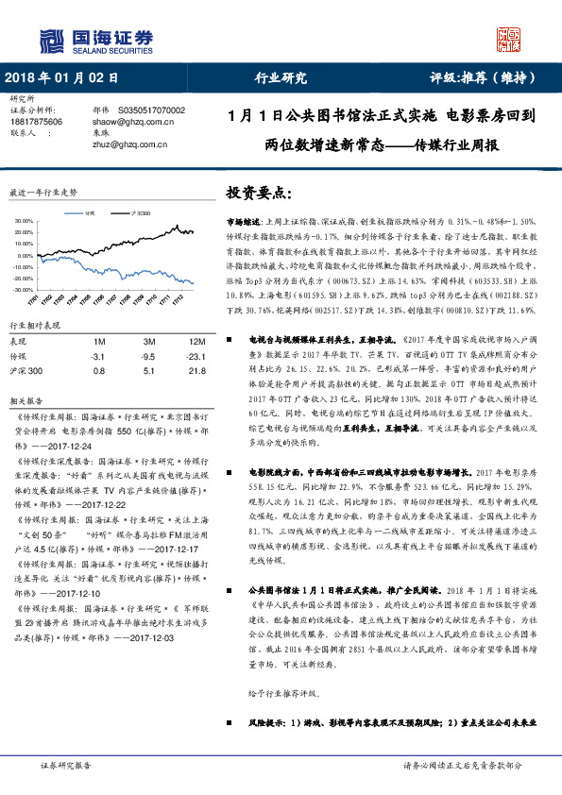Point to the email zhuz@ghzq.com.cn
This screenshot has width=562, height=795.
[129, 145]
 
